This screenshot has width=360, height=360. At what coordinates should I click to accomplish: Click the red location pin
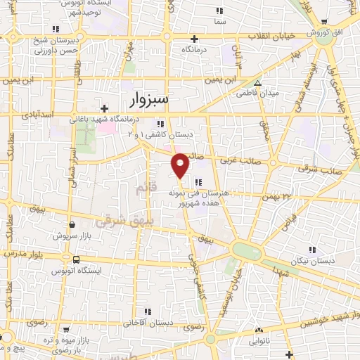[181, 165]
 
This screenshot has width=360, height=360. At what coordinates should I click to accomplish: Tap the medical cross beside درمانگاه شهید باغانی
[104, 108]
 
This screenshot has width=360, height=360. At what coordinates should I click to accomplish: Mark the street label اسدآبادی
[39, 112]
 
